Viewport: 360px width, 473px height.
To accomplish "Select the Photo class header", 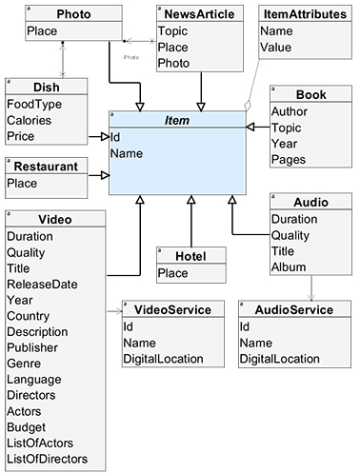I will (x=73, y=14).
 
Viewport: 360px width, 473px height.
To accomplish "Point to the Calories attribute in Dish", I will (x=29, y=120).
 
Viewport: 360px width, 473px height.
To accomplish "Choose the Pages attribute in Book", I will (x=289, y=159).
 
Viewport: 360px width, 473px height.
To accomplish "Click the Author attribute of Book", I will (x=290, y=111).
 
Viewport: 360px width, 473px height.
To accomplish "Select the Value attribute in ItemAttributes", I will (x=276, y=47).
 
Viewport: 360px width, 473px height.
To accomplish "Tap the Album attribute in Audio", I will (x=290, y=266).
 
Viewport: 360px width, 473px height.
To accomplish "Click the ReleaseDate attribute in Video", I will (x=43, y=284).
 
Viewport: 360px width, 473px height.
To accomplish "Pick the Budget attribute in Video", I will (x=27, y=427).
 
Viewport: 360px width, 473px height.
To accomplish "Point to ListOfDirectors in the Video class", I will (x=48, y=459).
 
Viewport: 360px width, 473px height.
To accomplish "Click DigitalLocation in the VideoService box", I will (x=163, y=358).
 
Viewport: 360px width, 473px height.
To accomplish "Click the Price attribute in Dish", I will (x=22, y=136).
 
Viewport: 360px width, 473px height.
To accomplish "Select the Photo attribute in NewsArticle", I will (x=174, y=63).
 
